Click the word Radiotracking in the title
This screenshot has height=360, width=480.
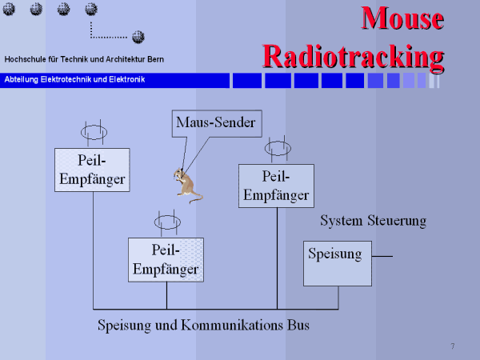point(353,56)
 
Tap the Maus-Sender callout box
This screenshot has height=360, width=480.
point(215,123)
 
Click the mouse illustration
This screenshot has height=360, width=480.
point(187,186)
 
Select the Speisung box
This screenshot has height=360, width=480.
point(337,263)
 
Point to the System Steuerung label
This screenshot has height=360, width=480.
point(373,220)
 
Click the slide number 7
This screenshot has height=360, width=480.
point(453,346)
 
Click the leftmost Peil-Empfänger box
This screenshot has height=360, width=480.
point(91,169)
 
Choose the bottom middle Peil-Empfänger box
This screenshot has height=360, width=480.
point(166,259)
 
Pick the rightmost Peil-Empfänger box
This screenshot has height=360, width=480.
point(276,186)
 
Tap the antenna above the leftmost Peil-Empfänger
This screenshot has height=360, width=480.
point(93,130)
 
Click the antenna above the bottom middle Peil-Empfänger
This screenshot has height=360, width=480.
point(167,220)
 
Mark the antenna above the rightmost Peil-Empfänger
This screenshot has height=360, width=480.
point(277,147)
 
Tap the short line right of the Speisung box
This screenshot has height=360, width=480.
point(382,256)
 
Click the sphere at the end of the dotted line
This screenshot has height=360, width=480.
point(138,37)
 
